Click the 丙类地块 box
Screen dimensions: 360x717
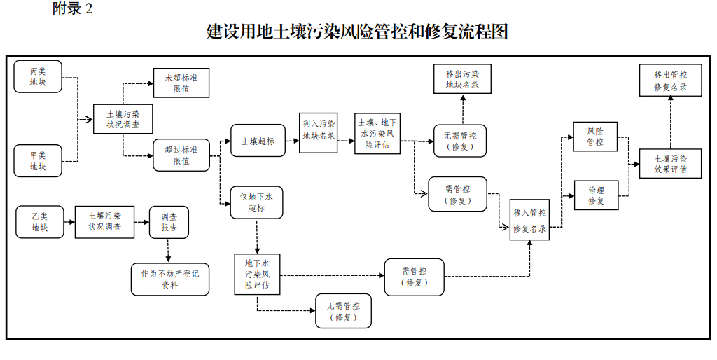[38, 77]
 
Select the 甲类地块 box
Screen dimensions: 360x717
[38, 160]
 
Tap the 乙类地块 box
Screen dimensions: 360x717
[39, 221]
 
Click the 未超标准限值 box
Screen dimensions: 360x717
[181, 83]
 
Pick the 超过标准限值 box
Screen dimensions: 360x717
[181, 155]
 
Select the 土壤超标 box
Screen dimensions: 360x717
[258, 141]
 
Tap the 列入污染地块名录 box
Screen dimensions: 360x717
[319, 131]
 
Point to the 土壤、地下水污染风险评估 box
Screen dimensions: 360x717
[377, 133]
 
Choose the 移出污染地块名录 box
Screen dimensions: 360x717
[462, 79]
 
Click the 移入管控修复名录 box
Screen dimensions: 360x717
[529, 220]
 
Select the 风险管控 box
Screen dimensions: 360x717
[595, 137]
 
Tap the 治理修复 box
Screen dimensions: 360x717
[595, 195]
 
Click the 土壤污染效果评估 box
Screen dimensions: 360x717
[670, 163]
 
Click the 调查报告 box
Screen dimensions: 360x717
[169, 222]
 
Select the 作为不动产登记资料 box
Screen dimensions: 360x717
[169, 279]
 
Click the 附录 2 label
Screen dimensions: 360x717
[73, 9]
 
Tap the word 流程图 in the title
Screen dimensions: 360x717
[484, 32]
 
